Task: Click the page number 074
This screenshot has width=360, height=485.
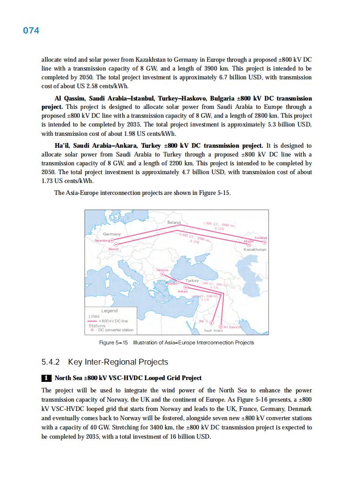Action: click(x=31, y=30)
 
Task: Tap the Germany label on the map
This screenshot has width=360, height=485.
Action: click(x=112, y=234)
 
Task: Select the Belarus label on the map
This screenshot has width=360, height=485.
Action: click(x=174, y=223)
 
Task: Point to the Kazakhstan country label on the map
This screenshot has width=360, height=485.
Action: click(x=255, y=250)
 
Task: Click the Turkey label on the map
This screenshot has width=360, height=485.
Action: click(x=192, y=280)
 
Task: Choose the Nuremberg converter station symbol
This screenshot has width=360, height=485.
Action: click(x=112, y=240)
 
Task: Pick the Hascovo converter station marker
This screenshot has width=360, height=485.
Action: click(x=162, y=273)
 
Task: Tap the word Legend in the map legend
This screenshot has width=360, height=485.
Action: click(x=109, y=311)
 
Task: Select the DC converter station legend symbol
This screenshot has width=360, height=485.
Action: click(x=92, y=330)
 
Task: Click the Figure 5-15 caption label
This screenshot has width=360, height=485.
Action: click(x=113, y=343)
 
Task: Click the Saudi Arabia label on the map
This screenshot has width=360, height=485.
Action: click(x=213, y=331)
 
